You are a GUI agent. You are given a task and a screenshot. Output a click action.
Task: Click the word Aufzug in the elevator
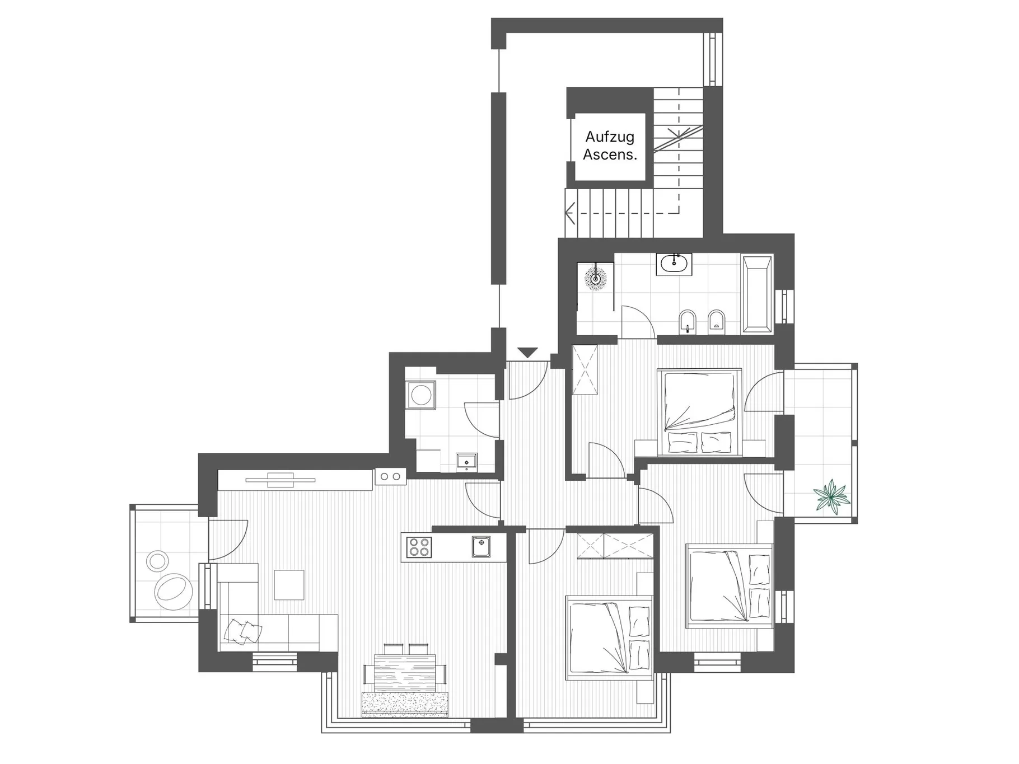(610, 137)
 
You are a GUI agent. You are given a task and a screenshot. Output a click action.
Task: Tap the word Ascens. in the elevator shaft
(610, 154)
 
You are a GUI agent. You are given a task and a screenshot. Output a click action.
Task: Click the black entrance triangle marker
(527, 353)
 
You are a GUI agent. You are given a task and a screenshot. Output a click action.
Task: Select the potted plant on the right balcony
(832, 495)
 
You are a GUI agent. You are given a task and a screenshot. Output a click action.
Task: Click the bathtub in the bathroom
(757, 294)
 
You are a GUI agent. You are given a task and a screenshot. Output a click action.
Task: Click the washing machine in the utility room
(420, 395)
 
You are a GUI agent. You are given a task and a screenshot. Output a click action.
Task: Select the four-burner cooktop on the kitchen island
(419, 546)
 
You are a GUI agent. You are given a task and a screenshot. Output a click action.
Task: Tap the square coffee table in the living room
(289, 585)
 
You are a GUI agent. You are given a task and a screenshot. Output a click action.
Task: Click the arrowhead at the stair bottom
(570, 213)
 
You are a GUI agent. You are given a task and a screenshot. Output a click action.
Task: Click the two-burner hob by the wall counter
(390, 476)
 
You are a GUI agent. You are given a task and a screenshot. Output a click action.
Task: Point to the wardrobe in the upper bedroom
(585, 370)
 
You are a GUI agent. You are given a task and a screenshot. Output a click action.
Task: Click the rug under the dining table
(405, 704)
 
